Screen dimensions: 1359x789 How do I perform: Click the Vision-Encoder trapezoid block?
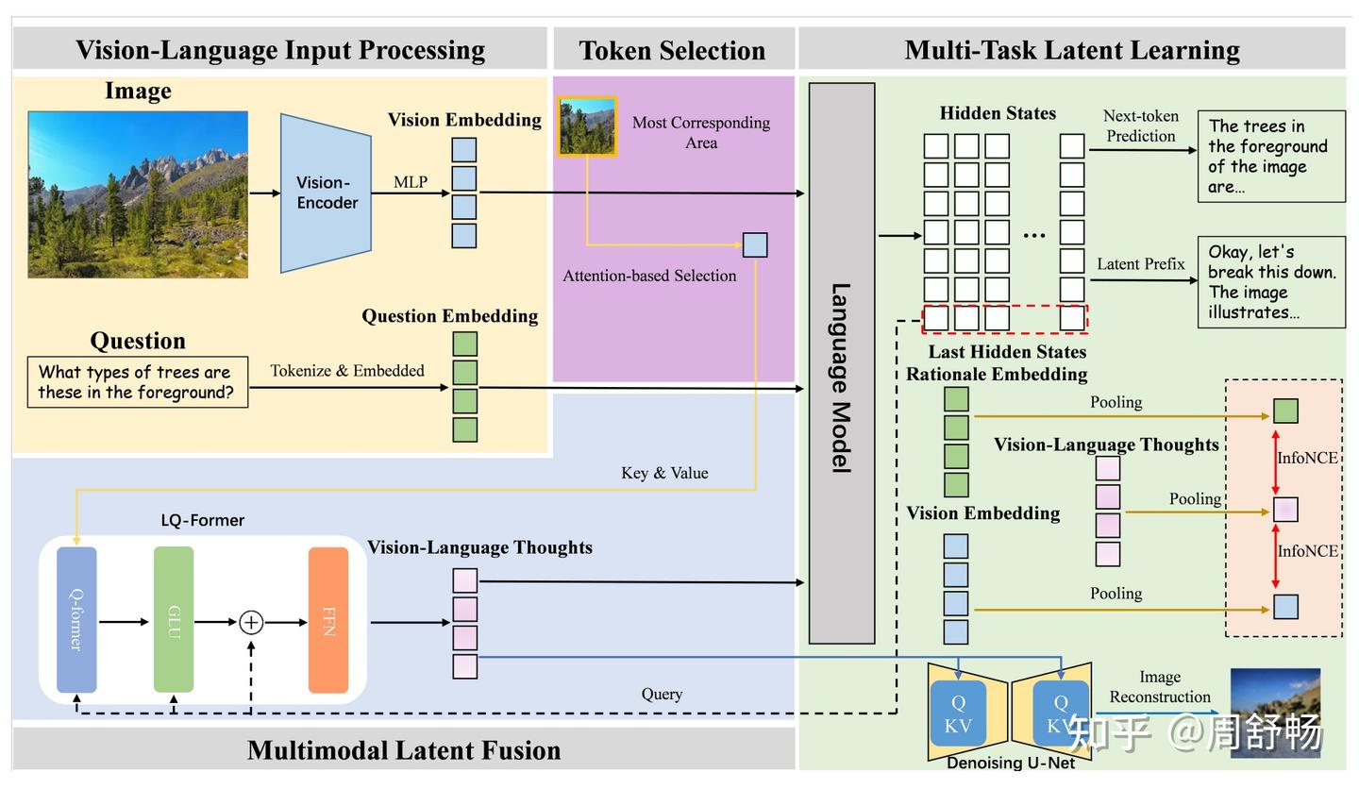(326, 193)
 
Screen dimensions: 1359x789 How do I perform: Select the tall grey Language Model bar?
(842, 363)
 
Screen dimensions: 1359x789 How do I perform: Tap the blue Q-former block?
(76, 620)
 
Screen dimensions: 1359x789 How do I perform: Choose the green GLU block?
(174, 619)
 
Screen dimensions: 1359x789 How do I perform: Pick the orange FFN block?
(328, 620)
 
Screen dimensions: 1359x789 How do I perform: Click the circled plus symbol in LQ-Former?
(251, 622)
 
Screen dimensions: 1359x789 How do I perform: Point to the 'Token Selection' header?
(672, 50)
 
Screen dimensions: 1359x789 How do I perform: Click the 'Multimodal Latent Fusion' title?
(404, 750)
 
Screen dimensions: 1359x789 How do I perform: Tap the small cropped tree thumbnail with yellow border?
(587, 126)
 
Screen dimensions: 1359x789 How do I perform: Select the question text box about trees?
(138, 381)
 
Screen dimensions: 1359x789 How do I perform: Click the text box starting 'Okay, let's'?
(1271, 282)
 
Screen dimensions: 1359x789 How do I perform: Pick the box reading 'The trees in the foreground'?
(1271, 156)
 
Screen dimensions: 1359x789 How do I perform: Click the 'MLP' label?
(411, 181)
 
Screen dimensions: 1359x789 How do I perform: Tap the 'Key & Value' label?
(664, 473)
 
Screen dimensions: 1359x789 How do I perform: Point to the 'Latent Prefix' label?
(1141, 263)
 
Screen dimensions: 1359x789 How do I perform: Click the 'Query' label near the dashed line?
(662, 694)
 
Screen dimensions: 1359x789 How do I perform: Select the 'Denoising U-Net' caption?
(1011, 763)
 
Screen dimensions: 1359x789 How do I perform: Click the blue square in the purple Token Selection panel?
(755, 245)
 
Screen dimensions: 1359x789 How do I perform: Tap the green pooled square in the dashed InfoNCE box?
(1285, 411)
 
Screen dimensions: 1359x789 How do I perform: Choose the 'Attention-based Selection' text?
(649, 276)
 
